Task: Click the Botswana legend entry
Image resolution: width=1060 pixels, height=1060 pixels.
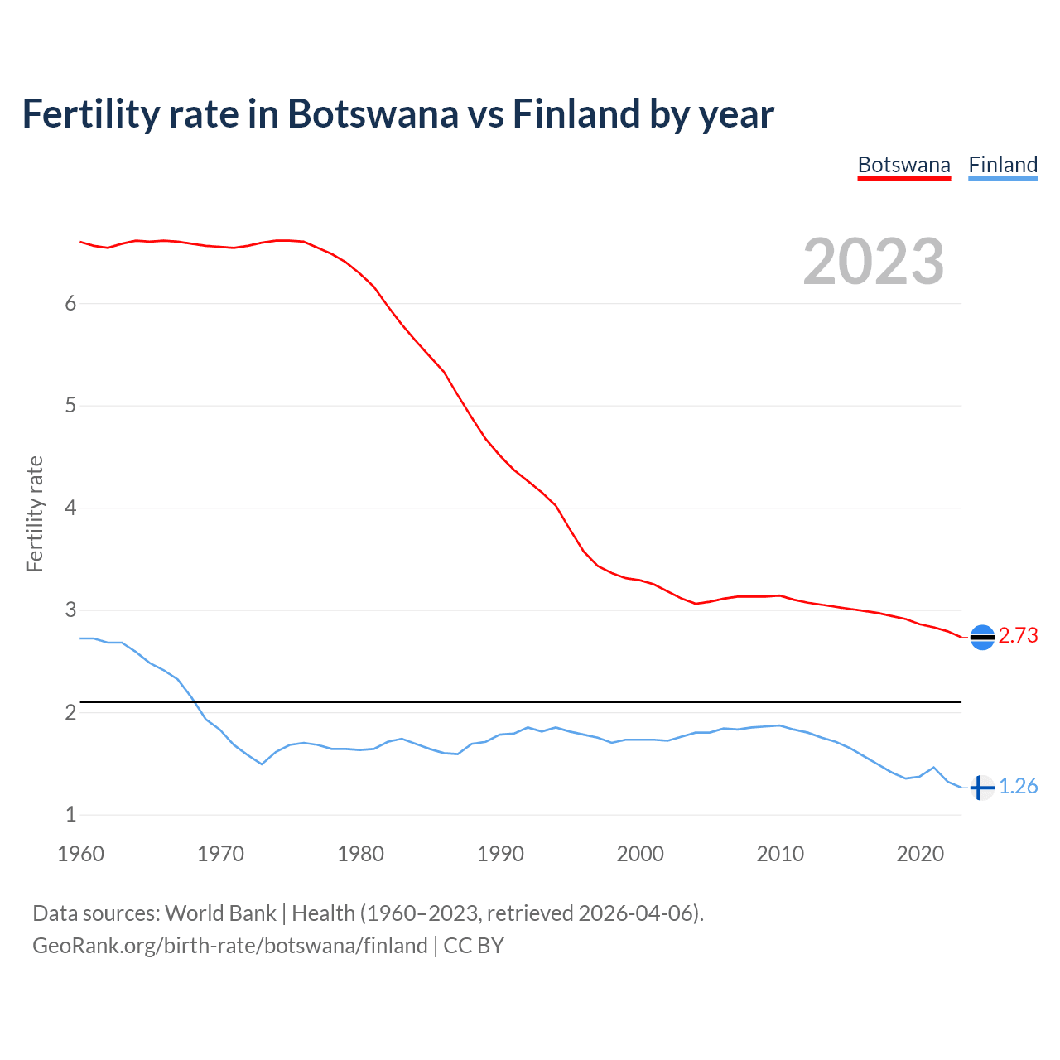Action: point(903,165)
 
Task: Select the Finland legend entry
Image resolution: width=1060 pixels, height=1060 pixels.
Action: point(1003,165)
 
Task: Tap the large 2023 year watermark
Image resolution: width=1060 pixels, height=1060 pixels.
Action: point(874,262)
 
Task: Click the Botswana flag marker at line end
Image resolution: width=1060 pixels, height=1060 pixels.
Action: point(982,637)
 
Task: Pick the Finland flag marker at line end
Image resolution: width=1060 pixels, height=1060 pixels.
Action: point(981,788)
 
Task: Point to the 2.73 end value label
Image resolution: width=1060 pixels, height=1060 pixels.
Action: point(1018,635)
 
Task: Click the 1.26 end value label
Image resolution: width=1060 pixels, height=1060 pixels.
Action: point(1018,786)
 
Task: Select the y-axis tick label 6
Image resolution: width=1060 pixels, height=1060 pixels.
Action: point(70,303)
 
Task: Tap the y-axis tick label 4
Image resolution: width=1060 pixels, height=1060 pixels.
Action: point(70,508)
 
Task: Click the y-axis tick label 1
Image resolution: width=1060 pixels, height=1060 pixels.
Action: point(70,815)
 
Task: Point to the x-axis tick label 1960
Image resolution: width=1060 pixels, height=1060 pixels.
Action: point(80,854)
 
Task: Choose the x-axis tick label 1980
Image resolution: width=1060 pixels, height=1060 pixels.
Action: point(360,854)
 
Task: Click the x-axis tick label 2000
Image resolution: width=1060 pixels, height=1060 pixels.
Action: point(640,854)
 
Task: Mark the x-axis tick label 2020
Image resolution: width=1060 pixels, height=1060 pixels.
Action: point(920,854)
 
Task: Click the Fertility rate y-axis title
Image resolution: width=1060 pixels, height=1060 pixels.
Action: point(35,513)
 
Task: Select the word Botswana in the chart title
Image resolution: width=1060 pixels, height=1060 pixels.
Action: point(372,113)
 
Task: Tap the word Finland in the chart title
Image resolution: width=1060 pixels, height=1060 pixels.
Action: point(576,113)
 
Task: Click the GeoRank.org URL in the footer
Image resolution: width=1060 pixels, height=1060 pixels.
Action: point(229,946)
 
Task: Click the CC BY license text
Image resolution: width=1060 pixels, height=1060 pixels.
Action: point(474,946)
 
